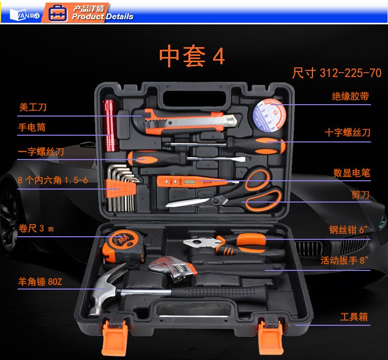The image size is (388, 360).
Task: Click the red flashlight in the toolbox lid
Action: pyautogui.click(x=110, y=126)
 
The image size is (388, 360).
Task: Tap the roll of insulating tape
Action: pyautogui.click(x=270, y=114)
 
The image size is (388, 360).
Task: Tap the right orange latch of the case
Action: pyautogui.click(x=270, y=337)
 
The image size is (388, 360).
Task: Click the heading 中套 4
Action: pyautogui.click(x=192, y=56)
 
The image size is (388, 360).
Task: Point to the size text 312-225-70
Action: pyautogui.click(x=351, y=73)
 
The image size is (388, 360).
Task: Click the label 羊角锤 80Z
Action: pyautogui.click(x=40, y=281)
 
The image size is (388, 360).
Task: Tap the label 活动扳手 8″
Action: pyautogui.click(x=345, y=260)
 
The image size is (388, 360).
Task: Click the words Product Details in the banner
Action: pyautogui.click(x=102, y=17)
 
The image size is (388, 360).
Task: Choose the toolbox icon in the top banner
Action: pyautogui.click(x=57, y=13)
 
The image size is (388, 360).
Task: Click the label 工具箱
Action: pyautogui.click(x=354, y=317)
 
